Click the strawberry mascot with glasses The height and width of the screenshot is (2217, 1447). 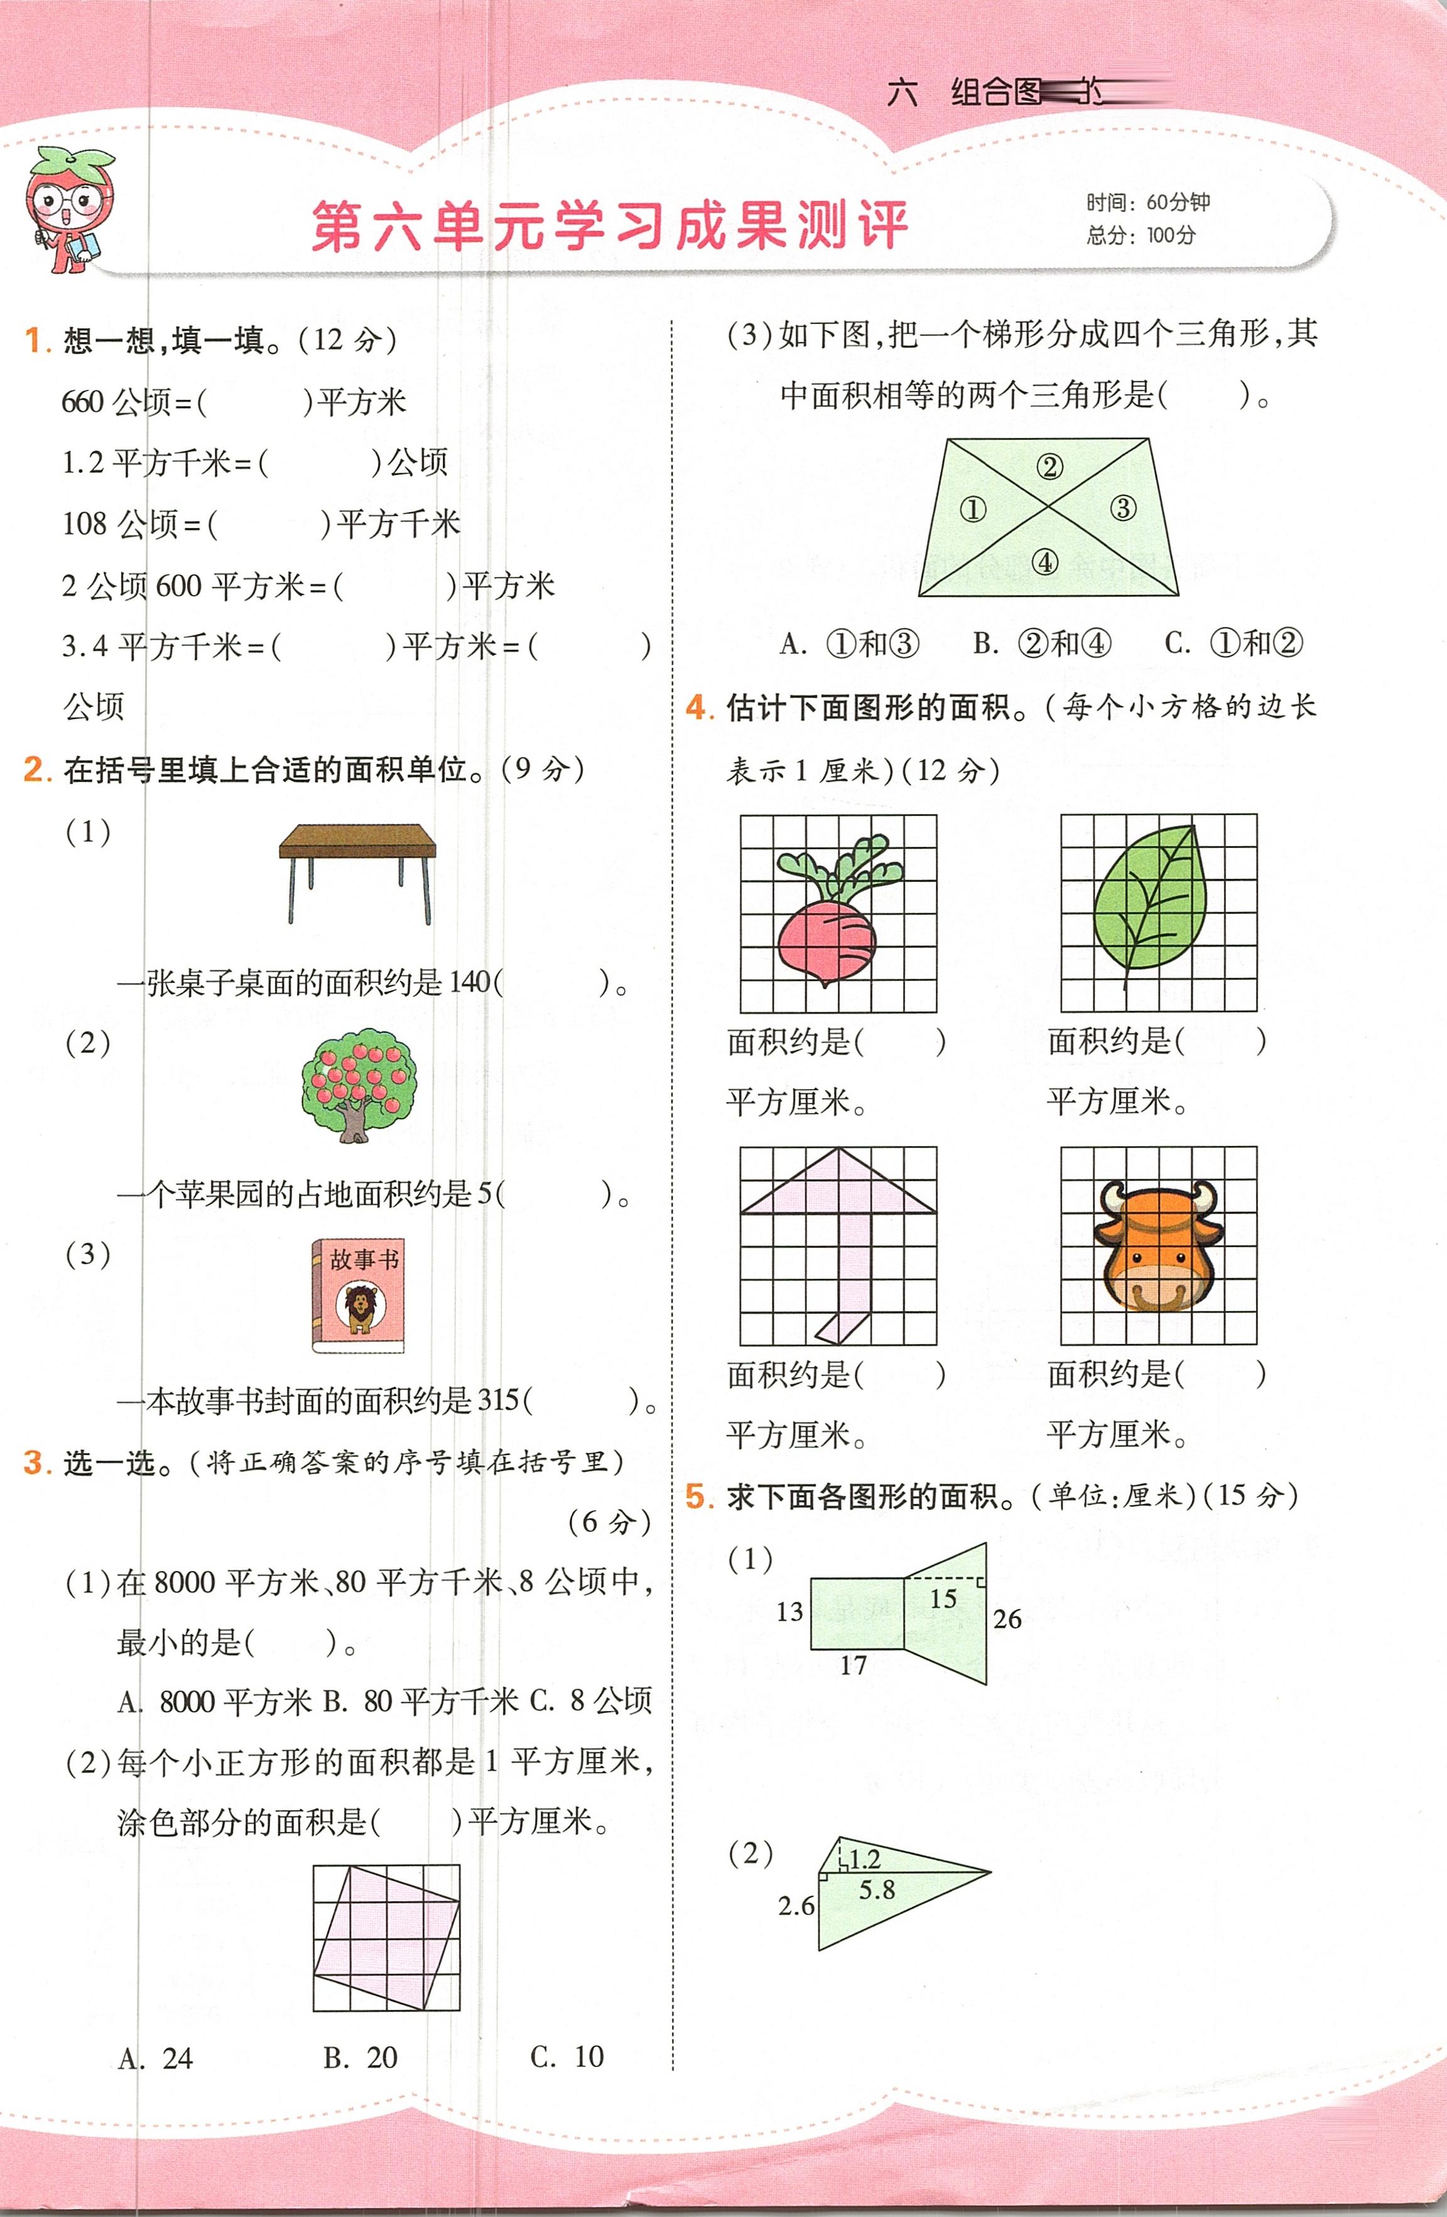tap(70, 210)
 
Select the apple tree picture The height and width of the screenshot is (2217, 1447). tap(359, 1085)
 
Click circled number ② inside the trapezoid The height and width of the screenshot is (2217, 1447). tap(1050, 467)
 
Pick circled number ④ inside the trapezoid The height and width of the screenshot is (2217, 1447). tap(1046, 562)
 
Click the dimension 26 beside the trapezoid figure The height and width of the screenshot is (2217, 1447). tap(1007, 1619)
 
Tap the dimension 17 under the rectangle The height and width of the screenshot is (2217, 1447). tap(854, 1665)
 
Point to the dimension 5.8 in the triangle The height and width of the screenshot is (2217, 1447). tap(877, 1890)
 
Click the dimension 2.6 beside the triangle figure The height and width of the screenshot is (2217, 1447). tap(796, 1906)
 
